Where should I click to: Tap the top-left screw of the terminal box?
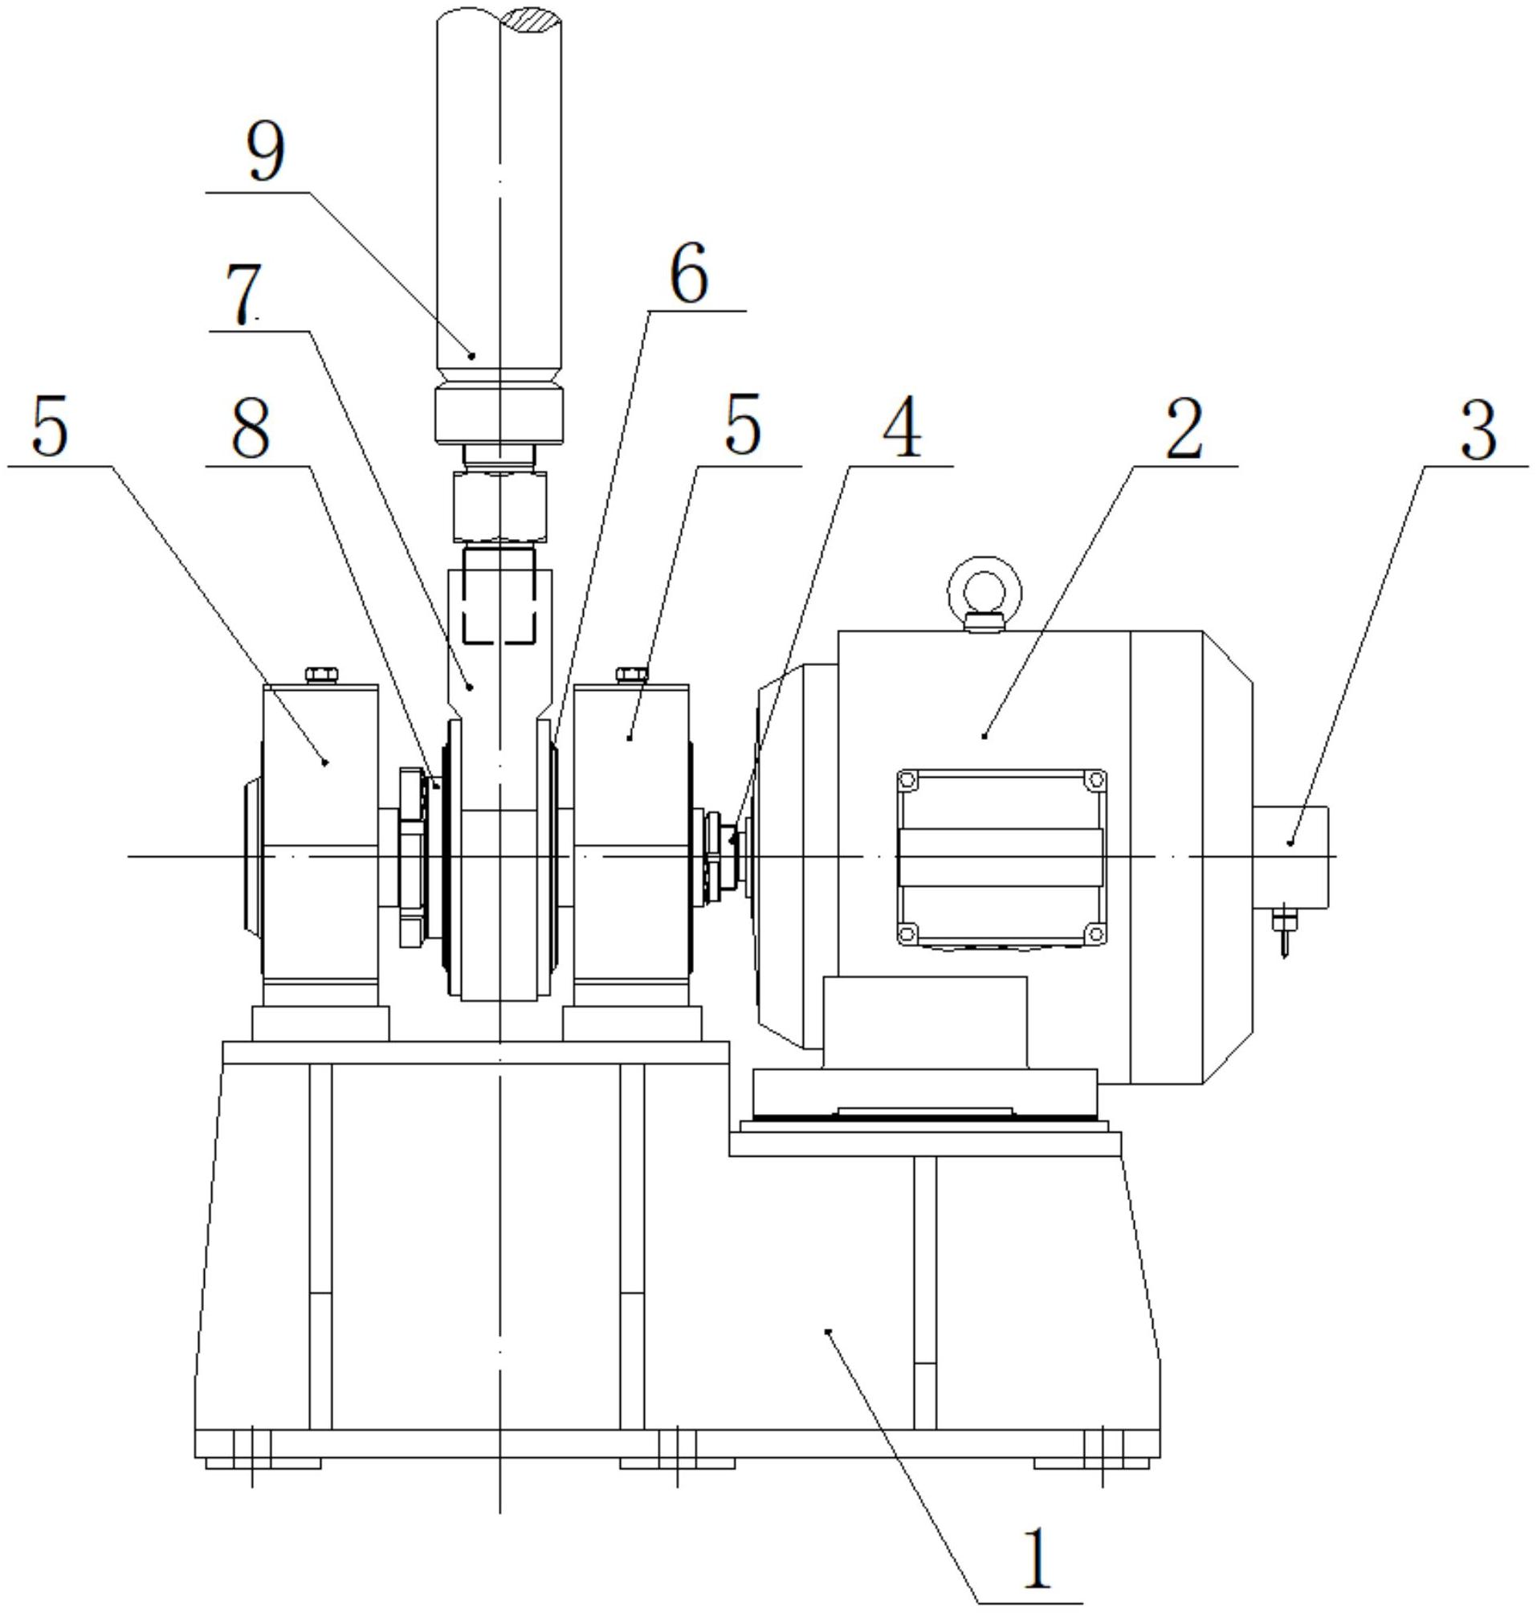907,778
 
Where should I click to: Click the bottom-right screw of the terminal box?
1095,932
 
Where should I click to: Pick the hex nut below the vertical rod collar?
499,508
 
